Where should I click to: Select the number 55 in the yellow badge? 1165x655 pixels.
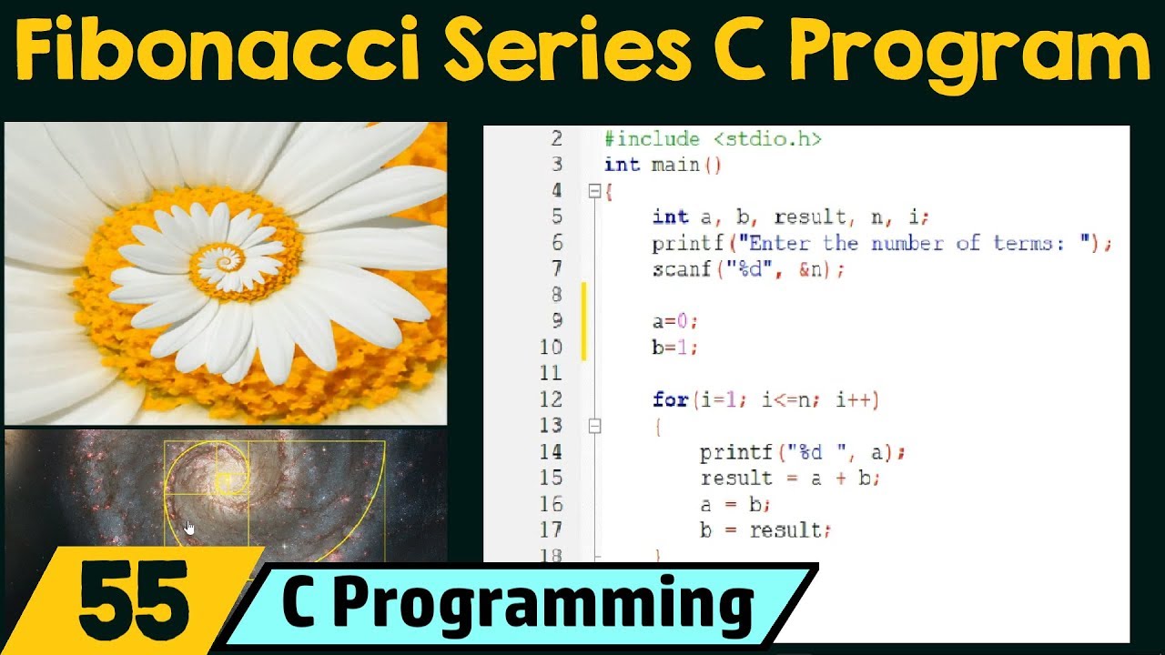135,601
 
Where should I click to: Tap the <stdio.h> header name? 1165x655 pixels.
767,139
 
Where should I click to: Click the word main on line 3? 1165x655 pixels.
674,165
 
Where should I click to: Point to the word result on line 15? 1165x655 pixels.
736,478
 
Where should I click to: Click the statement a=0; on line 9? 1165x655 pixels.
674,321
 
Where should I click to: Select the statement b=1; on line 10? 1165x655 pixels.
674,348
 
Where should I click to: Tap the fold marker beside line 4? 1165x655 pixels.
595,191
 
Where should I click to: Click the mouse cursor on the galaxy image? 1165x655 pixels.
189,528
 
